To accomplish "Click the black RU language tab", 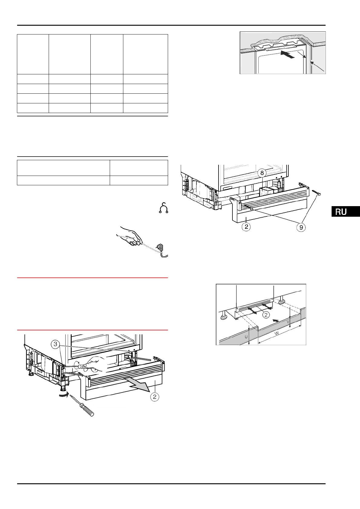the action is (x=345, y=212).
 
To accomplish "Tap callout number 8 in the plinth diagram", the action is (x=262, y=173).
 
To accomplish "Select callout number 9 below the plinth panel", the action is (x=301, y=227).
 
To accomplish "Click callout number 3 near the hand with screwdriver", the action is (x=55, y=344).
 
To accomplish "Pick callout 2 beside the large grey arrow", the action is (x=154, y=397).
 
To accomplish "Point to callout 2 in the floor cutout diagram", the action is (x=266, y=315).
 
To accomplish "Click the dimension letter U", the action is (x=246, y=336).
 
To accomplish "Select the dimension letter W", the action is (x=276, y=333).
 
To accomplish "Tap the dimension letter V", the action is (x=288, y=322).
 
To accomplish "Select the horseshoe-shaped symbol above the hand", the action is (x=163, y=208).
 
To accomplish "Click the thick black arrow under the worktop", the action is (x=287, y=54).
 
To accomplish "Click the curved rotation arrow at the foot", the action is (x=63, y=394).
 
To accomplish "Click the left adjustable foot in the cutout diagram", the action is (x=224, y=316).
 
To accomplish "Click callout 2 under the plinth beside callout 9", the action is (x=246, y=227).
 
